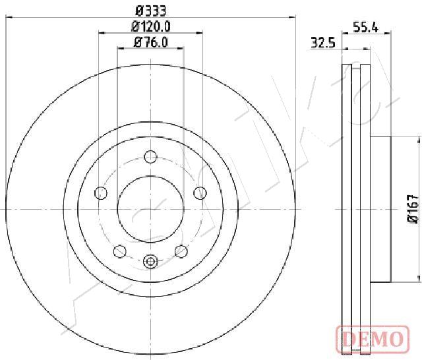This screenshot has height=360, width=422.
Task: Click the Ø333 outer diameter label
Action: (x=151, y=11)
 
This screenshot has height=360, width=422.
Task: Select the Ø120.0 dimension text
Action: (x=151, y=26)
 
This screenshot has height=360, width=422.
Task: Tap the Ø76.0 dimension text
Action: (x=151, y=42)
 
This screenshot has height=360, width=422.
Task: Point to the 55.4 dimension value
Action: (x=365, y=28)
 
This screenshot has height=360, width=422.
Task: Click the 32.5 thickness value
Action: (x=323, y=43)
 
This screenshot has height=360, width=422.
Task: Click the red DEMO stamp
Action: (x=373, y=338)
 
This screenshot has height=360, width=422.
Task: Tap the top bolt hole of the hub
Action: (x=150, y=157)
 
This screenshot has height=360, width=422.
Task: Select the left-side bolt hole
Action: (x=101, y=193)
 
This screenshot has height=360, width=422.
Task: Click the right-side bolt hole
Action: (x=200, y=193)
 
